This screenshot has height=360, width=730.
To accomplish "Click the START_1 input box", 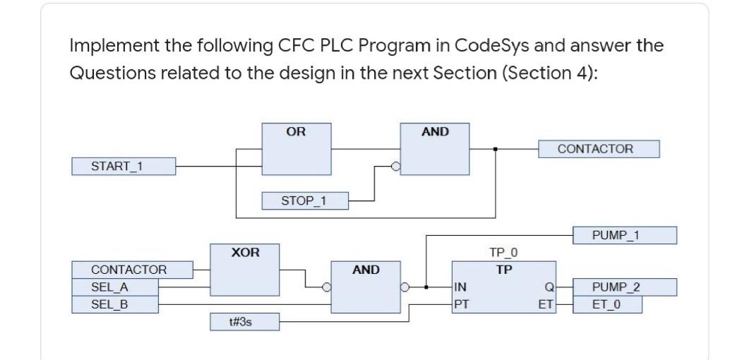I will coord(123,167).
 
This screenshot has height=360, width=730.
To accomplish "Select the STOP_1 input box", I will coord(304,201).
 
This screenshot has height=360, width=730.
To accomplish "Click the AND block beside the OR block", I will coord(435,148).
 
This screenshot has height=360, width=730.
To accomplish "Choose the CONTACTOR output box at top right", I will coord(599,149).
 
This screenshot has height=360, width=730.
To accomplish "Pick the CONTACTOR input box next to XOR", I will coord(132,270).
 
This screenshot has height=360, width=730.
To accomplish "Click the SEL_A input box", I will coord(114,287).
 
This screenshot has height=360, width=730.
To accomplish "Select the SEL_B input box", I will coord(114,304).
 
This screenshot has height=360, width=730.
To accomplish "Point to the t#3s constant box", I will coord(244,323).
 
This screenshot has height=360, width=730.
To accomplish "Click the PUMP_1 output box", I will coord(624,235).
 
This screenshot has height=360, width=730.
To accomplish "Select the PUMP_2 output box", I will coord(624,287).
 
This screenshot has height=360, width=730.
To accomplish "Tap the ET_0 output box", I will coord(607,304).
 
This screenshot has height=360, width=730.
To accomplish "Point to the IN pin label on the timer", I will coord(460,287).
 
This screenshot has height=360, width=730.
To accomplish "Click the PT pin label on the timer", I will coord(460,304).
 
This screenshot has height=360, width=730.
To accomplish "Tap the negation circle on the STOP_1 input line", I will coord(396,167).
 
